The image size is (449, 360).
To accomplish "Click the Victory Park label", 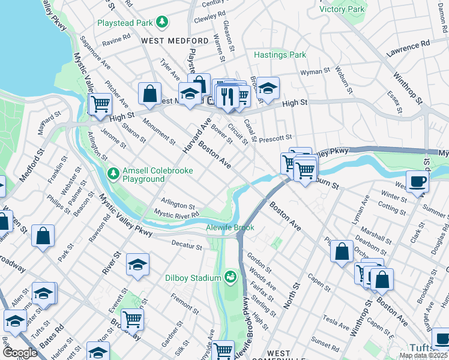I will (342, 9).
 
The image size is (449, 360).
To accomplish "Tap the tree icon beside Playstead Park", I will (161, 23).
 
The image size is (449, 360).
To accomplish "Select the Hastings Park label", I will (280, 55).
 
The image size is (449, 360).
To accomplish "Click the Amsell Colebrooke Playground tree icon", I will (113, 173).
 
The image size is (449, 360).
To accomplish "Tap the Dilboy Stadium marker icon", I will (229, 277).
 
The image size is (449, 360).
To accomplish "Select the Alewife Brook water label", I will (231, 227).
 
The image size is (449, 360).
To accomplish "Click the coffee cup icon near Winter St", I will (417, 181).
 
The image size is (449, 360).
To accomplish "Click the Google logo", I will (20, 352).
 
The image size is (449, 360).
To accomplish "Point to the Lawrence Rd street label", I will (408, 46).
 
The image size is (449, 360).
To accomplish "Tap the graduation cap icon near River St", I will (137, 265).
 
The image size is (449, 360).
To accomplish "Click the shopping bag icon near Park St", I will (43, 235).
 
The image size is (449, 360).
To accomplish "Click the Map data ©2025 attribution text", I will (424, 355).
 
